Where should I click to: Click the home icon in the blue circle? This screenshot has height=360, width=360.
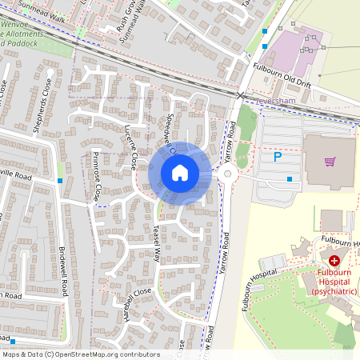(x=180, y=173)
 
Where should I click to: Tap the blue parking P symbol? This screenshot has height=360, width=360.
(x=278, y=158)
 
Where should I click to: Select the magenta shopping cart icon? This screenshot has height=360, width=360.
(x=330, y=162)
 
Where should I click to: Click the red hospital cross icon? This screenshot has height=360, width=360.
(x=334, y=260)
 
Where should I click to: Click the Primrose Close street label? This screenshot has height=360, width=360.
(x=97, y=176)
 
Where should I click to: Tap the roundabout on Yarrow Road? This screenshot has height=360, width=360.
(x=227, y=174)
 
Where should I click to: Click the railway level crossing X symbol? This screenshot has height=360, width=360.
(x=241, y=95)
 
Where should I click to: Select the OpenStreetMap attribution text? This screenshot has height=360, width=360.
(x=80, y=354)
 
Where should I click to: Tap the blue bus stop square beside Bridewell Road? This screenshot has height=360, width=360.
(x=60, y=181)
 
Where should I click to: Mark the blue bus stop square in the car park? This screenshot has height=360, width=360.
(x=290, y=179)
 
